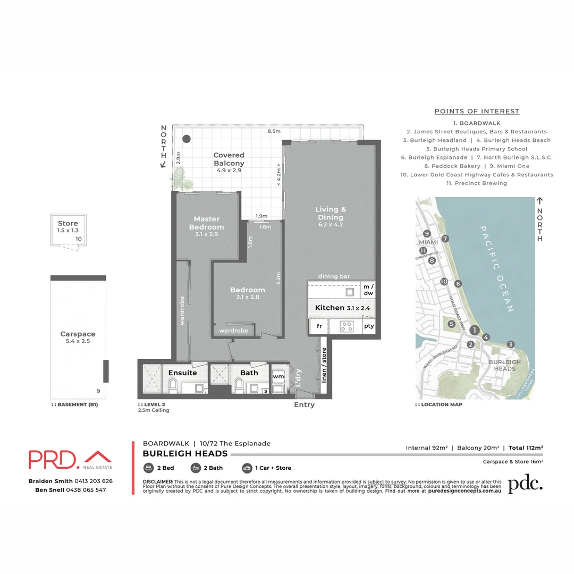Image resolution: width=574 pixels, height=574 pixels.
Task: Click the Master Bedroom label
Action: click(207, 223)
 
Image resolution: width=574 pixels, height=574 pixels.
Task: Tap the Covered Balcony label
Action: click(229, 159)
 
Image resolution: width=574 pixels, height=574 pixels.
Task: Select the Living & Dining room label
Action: click(330, 213)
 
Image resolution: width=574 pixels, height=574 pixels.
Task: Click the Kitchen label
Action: click(329, 308)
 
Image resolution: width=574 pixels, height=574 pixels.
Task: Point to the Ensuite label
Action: click(182, 373)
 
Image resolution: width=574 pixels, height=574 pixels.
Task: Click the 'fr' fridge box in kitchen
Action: click(319, 326)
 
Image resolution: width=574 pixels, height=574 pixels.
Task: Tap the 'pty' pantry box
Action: click(368, 326)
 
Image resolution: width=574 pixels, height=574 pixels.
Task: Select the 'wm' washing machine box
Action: click(278, 376)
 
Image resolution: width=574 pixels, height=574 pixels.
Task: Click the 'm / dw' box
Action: click(368, 290)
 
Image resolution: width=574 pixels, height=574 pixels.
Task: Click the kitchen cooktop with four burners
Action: click(347, 326)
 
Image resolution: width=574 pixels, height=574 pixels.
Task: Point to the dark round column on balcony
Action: click(186, 139)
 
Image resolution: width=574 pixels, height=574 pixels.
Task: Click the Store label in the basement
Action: click(67, 223)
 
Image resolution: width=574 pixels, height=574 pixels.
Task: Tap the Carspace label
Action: click(78, 334)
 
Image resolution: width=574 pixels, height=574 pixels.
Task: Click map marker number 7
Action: click(445, 239)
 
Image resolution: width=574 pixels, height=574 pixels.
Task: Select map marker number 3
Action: click(511, 344)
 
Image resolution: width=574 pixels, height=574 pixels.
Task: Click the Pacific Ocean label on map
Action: click(497, 269)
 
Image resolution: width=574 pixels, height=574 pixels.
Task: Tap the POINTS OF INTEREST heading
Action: click(477, 111)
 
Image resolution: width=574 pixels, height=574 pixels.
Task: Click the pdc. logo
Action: click(525, 484)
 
